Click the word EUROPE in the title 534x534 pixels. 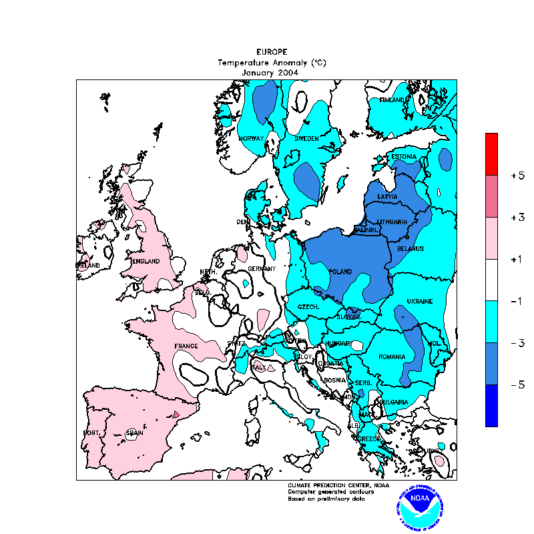[272, 51]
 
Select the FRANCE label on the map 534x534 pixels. [186, 346]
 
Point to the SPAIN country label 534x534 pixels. [134, 433]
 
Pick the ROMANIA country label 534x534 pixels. [392, 357]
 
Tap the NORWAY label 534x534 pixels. [252, 138]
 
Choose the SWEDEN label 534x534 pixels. [306, 138]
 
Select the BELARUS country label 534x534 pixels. [411, 249]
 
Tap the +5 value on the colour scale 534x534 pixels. [517, 176]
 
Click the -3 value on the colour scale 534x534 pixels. [517, 343]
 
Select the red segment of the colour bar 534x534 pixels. [491, 154]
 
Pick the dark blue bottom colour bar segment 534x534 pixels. [491, 405]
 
